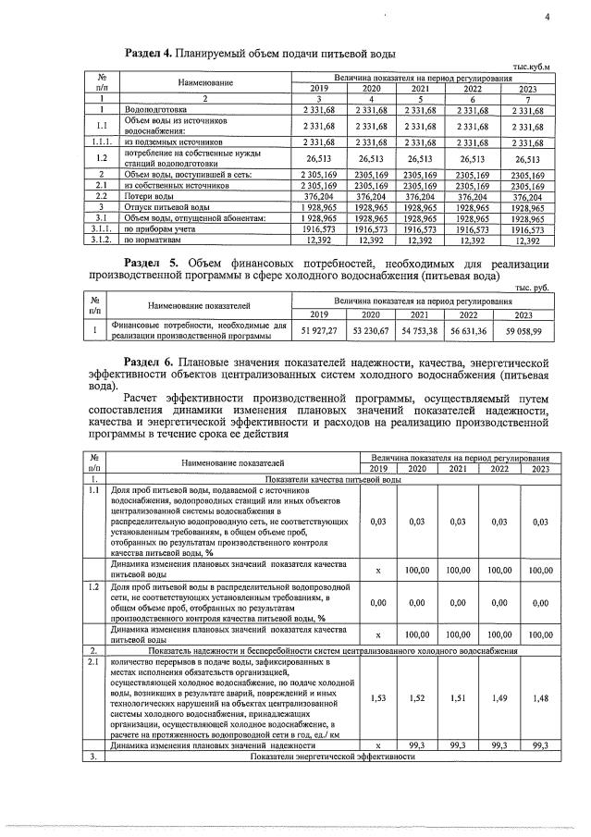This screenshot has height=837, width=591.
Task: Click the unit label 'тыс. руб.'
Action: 530,288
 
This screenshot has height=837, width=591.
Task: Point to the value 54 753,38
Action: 419,331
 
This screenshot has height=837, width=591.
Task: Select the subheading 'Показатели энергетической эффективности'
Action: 327,757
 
